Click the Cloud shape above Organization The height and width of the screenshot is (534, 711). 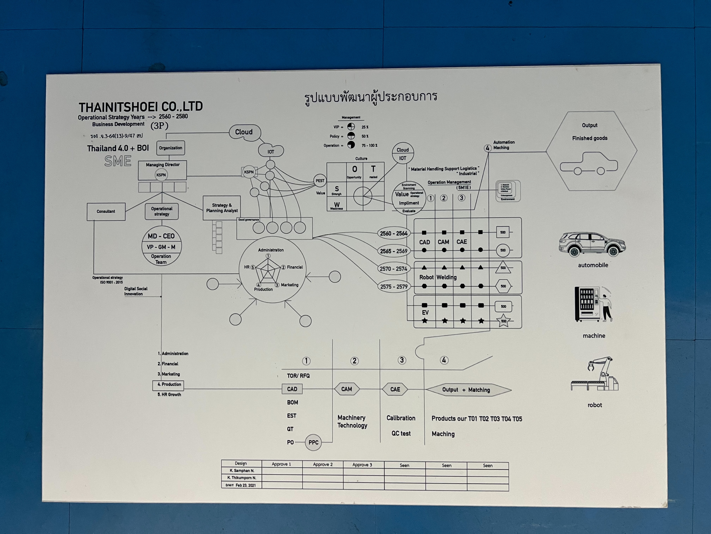244,132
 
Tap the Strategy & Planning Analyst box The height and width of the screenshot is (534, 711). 222,208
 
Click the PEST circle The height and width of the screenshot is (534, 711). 320,181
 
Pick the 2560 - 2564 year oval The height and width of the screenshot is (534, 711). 393,233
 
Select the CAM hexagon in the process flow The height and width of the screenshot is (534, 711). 347,389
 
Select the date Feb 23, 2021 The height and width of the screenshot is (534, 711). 246,485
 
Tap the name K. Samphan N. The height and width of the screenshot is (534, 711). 242,471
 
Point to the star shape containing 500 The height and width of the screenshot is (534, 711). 503,321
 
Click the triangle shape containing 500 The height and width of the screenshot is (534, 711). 503,268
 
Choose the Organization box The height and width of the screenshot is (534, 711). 170,148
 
